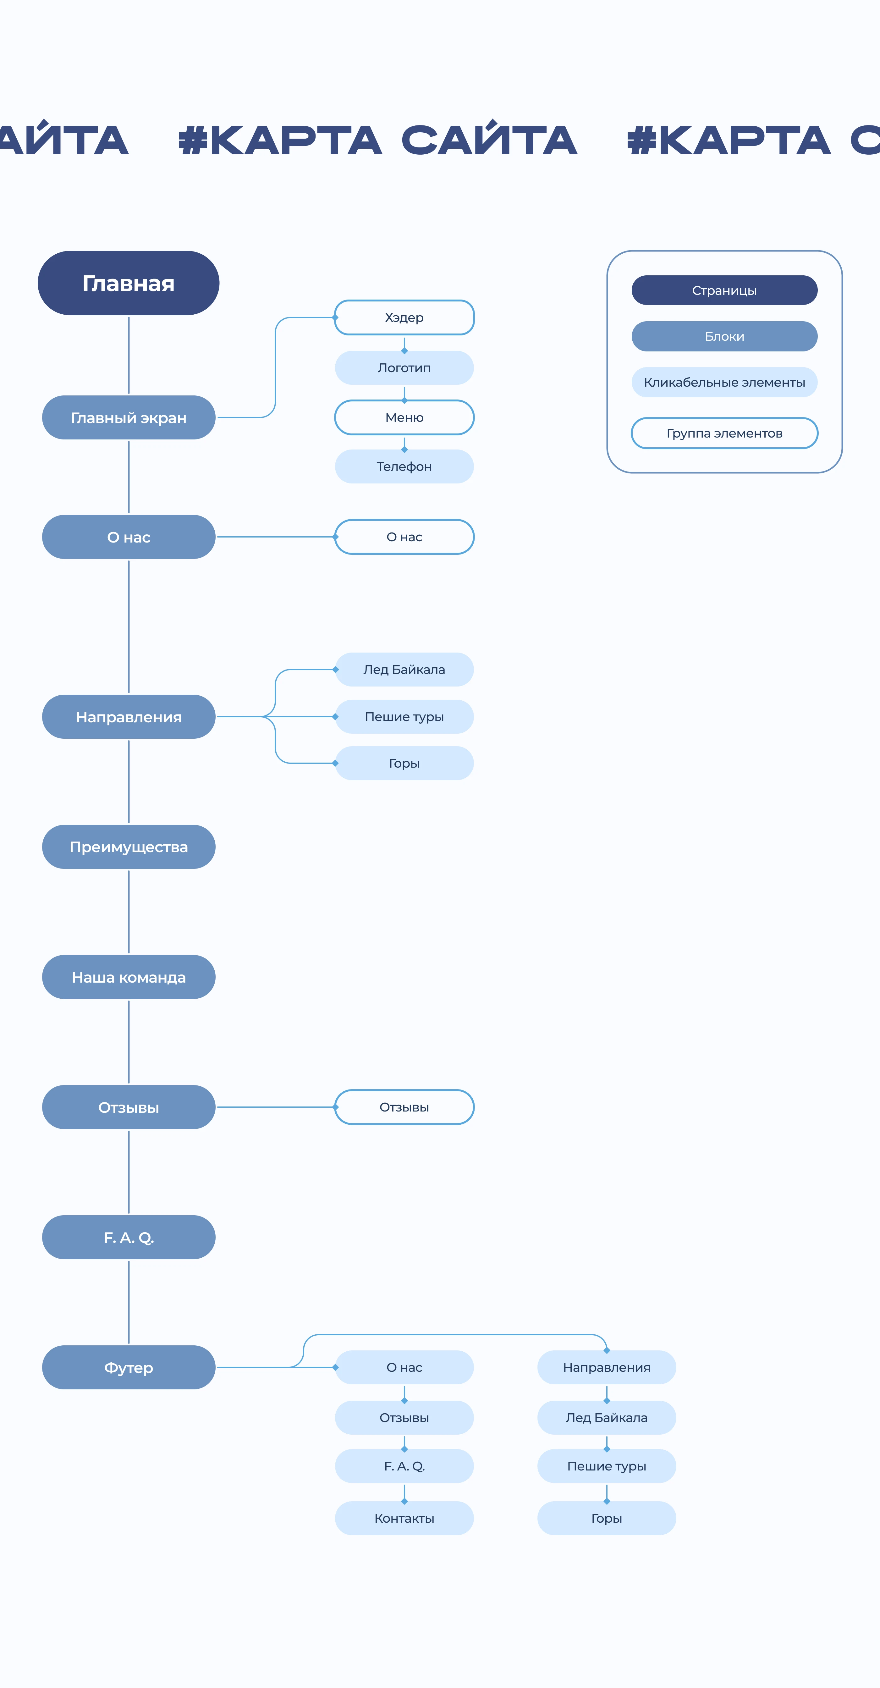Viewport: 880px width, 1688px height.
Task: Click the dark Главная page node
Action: (x=129, y=283)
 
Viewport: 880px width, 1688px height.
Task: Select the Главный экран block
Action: (x=129, y=417)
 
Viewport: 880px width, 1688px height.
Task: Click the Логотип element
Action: (x=404, y=367)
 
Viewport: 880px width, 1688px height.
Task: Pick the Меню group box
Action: (x=404, y=417)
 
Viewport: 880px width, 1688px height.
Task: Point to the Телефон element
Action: (x=404, y=466)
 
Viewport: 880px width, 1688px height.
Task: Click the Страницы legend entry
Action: (x=724, y=290)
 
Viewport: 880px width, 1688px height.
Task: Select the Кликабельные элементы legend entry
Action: (x=724, y=382)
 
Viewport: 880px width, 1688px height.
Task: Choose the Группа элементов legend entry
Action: (x=724, y=433)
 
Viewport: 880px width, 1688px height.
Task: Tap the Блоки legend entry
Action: (x=724, y=336)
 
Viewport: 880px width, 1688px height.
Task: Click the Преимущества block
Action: (x=129, y=847)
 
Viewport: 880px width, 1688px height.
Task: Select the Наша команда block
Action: (x=129, y=977)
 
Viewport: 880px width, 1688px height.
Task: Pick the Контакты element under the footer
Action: (x=404, y=1518)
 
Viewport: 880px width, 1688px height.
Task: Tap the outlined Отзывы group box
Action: (x=404, y=1107)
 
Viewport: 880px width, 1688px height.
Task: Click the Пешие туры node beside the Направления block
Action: (x=404, y=716)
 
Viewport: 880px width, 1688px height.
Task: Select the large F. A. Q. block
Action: (x=129, y=1237)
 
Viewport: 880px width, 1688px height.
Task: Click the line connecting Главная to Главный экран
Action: (x=129, y=355)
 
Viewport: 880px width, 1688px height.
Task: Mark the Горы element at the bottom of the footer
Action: (x=607, y=1518)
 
